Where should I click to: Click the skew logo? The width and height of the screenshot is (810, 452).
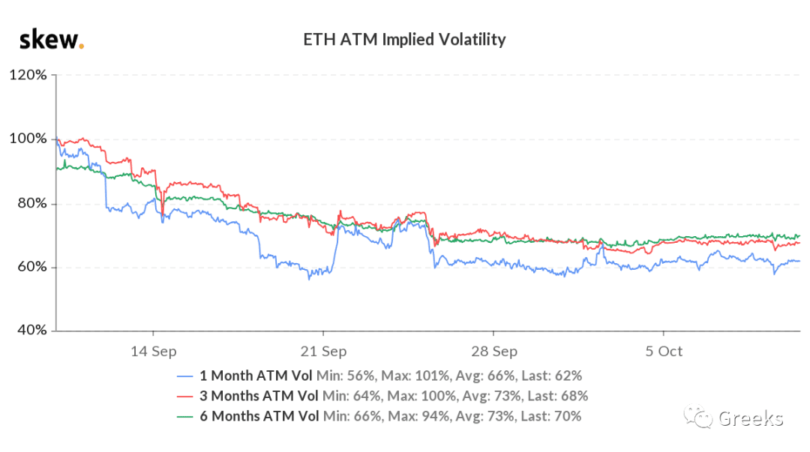(51, 40)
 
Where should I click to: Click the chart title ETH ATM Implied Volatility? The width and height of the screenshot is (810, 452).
(404, 40)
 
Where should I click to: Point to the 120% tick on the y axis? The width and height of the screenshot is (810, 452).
(28, 75)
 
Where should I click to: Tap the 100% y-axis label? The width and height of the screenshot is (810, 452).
(28, 139)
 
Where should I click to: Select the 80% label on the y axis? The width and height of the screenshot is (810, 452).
(32, 203)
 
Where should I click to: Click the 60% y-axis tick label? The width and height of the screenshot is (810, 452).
(32, 267)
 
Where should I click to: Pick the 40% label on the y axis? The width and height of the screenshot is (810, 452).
(32, 330)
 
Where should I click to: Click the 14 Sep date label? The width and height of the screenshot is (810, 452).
(154, 352)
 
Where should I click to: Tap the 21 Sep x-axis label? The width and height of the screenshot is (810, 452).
(323, 352)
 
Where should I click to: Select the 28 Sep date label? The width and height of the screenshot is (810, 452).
(493, 352)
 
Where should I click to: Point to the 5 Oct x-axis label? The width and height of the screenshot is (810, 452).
(664, 352)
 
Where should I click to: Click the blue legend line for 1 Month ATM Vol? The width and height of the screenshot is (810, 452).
(185, 376)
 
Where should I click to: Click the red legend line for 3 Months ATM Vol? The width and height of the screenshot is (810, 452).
(185, 397)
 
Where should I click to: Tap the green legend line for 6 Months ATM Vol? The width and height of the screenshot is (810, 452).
(185, 417)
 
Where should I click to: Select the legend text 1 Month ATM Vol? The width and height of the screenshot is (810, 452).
(256, 376)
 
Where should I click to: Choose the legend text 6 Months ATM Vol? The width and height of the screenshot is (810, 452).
(259, 416)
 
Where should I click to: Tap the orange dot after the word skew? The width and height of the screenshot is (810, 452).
(81, 47)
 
